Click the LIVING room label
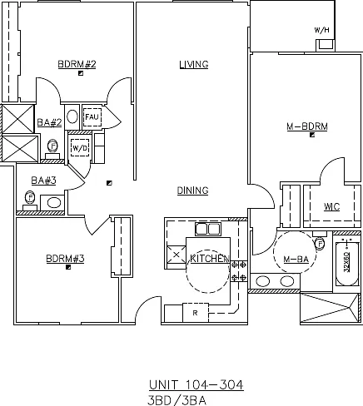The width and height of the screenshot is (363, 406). [194, 64]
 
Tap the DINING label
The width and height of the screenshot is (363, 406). [192, 191]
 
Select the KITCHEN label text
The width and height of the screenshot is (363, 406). [210, 259]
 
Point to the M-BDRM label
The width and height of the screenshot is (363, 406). [307, 126]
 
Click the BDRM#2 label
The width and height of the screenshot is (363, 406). [77, 64]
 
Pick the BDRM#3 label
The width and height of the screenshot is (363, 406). [65, 259]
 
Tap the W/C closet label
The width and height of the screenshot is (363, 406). [331, 206]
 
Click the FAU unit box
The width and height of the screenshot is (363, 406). [92, 117]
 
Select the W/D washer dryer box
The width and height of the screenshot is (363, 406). [80, 148]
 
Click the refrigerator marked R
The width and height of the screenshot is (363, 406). [196, 313]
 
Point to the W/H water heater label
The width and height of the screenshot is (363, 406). [321, 30]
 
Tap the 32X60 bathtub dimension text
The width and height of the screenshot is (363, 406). [346, 262]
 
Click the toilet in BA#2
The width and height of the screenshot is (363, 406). [52, 149]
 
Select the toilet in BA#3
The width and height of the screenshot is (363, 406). [30, 201]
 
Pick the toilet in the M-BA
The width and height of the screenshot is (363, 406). [320, 240]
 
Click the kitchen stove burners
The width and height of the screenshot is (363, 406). [239, 271]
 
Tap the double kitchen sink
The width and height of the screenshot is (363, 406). [208, 230]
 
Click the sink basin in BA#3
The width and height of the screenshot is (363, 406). [54, 203]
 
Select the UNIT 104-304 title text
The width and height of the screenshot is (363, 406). [196, 385]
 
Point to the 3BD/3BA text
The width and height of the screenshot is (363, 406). [177, 400]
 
